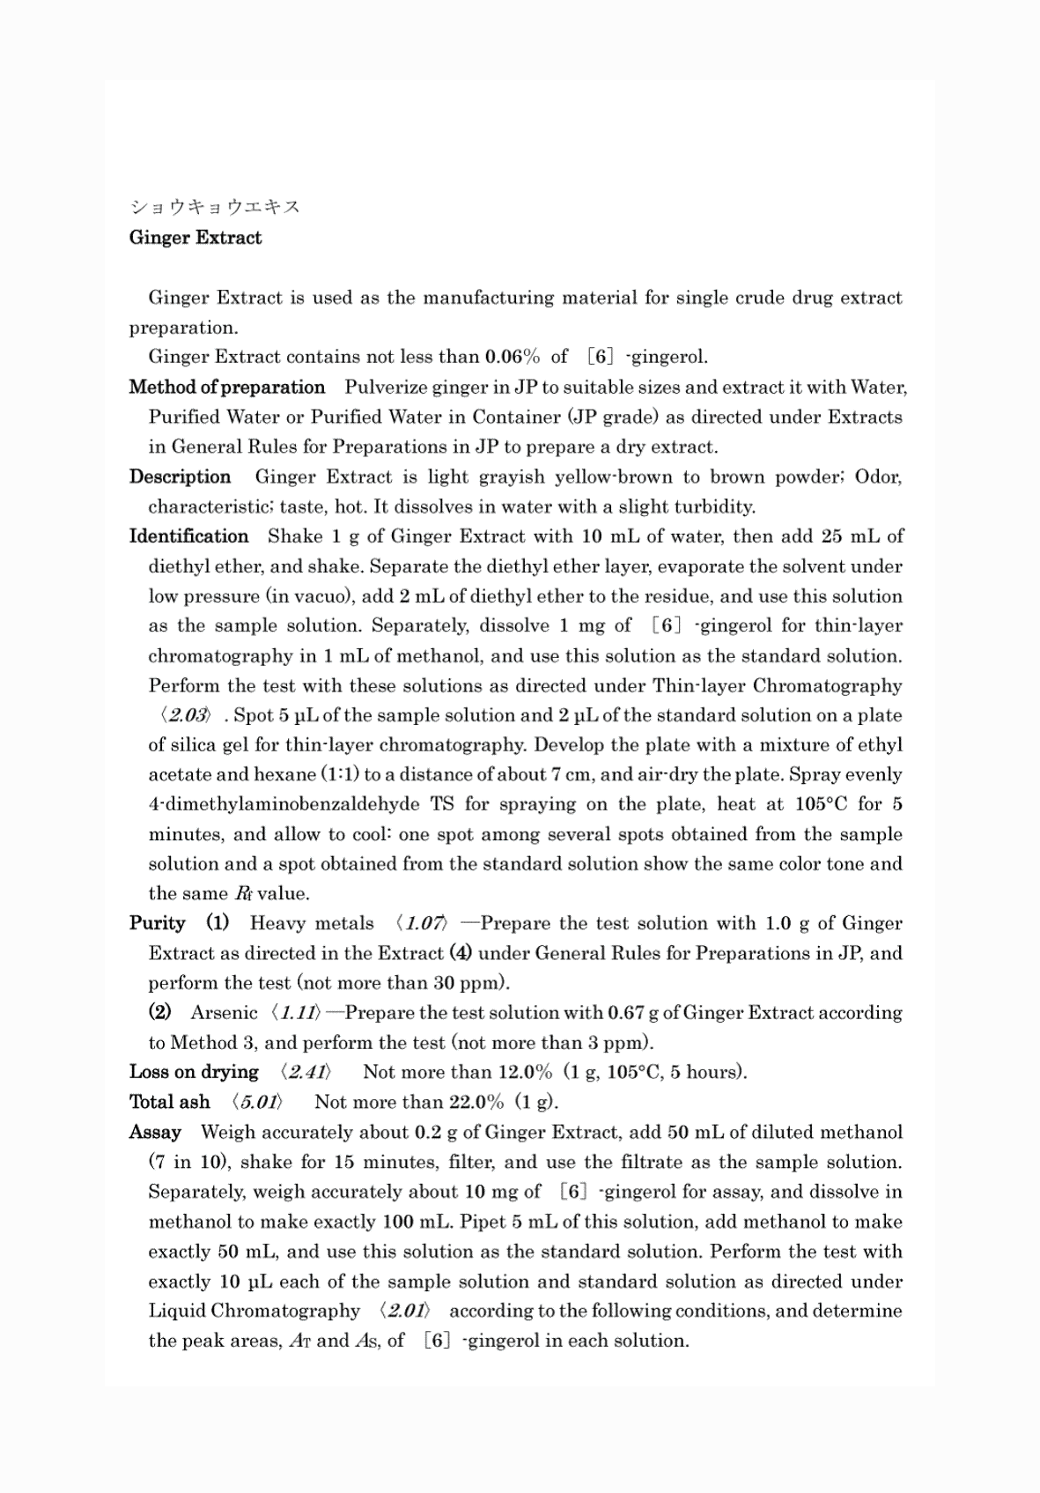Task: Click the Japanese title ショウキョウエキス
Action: (x=215, y=207)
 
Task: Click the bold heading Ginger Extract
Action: (x=195, y=238)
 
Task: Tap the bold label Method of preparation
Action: (x=227, y=388)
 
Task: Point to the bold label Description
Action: (x=180, y=477)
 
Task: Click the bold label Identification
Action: (x=188, y=536)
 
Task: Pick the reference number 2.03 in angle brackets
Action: (x=185, y=715)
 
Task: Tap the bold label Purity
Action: (x=157, y=923)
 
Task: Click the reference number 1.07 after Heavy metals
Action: (x=422, y=923)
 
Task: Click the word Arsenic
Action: (x=224, y=1013)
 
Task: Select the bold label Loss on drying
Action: (x=194, y=1072)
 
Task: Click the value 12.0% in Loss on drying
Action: (x=525, y=1072)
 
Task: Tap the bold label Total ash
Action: (x=169, y=1102)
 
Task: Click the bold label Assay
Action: (x=155, y=1132)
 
